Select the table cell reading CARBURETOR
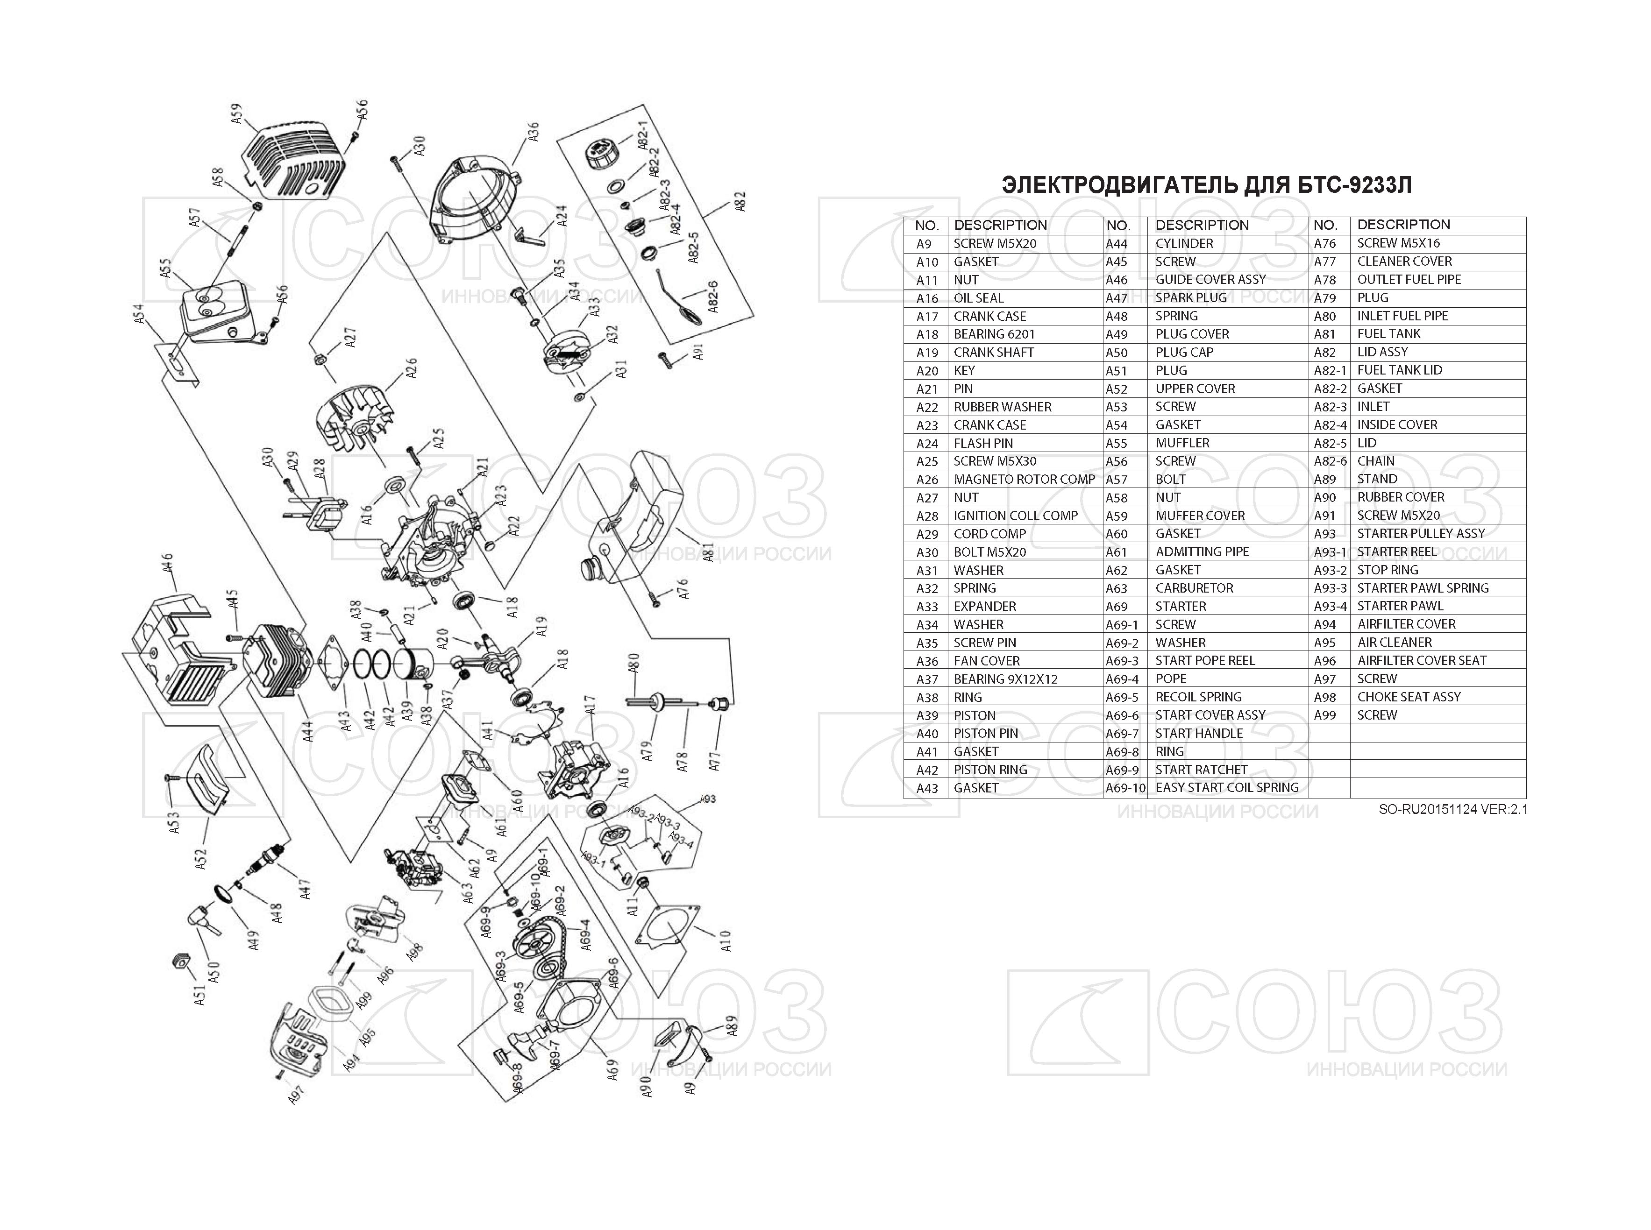pos(1194,588)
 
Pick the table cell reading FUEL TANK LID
pos(1399,370)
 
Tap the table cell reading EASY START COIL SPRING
pos(1226,788)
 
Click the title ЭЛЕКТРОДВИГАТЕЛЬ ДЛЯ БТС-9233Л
pos(1206,184)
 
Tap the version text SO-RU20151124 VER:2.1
pos(1452,809)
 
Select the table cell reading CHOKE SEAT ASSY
pos(1408,697)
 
